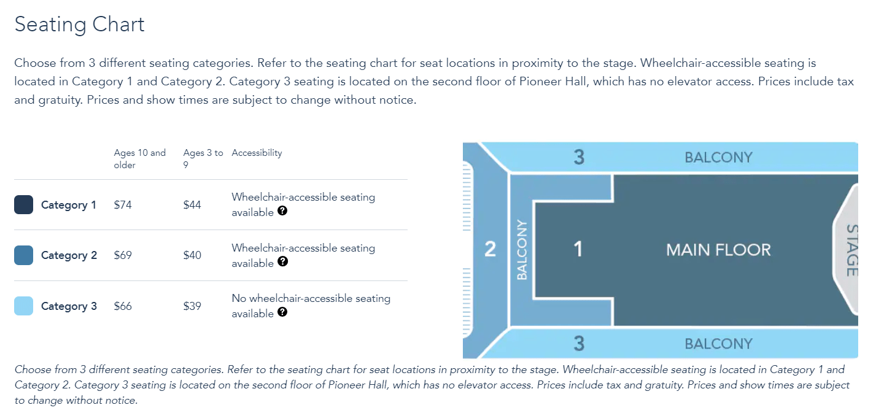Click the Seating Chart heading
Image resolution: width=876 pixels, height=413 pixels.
coord(79,25)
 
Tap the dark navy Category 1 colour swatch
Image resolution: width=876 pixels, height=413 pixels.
coord(23,204)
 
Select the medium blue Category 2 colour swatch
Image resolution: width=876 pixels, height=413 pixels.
coord(23,255)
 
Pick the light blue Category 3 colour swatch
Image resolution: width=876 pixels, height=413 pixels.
coord(23,306)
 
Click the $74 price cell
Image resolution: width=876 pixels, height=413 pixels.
coord(123,205)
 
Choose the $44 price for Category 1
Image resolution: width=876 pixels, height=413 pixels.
coord(192,205)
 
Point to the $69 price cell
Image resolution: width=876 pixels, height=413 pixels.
coord(123,255)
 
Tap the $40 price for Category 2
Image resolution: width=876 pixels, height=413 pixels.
coord(192,255)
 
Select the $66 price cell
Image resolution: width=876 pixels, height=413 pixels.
coord(123,306)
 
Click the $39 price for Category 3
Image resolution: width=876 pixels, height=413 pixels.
coord(192,306)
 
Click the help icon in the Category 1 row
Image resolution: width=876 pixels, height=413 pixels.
coord(282,211)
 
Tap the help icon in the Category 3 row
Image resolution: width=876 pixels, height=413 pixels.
coord(282,312)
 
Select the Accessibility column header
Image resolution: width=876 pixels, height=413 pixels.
coord(257,153)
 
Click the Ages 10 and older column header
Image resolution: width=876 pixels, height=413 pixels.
coord(139,159)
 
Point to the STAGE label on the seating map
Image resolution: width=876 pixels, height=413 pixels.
coord(852,250)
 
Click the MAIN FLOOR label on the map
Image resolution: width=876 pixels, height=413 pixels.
coord(718,250)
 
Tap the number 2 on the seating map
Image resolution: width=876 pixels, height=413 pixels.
coord(490,249)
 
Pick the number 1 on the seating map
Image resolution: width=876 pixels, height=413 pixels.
coord(578,249)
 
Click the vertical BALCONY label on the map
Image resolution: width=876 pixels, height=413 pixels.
coord(522,250)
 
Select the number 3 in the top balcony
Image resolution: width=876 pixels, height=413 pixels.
coord(579,157)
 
